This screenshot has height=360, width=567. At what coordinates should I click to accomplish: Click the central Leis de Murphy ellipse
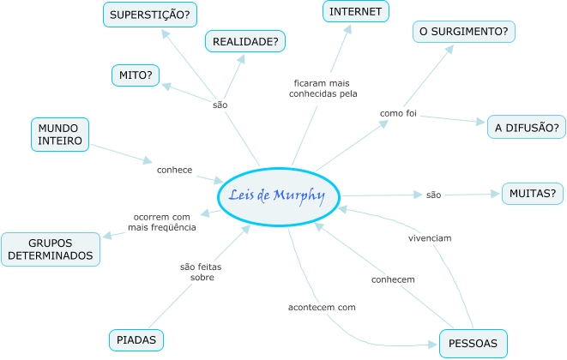pos(279,196)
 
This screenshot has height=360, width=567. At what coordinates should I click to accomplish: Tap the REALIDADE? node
pos(245,41)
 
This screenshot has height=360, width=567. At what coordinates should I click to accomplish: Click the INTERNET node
pos(356,11)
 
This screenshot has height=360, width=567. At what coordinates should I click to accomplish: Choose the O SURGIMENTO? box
pos(463,33)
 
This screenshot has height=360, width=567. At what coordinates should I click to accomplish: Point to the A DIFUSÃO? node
pos(526,128)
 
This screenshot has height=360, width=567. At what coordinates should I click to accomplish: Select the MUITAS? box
pos(533,194)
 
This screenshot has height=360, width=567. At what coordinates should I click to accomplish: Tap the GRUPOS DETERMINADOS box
pos(51,248)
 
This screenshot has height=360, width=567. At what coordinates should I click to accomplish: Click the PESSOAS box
pos(473,344)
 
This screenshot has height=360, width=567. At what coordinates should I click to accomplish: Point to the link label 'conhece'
pos(174,170)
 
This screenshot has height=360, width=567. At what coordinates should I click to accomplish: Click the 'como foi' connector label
pos(398,113)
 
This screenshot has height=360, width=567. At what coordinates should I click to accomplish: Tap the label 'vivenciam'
pos(429,237)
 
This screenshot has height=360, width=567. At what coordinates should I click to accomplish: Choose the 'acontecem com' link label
pos(322,306)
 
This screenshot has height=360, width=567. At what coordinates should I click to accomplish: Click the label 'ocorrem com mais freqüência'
pos(162,222)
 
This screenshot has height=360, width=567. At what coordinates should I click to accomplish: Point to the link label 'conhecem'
pos(393,280)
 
